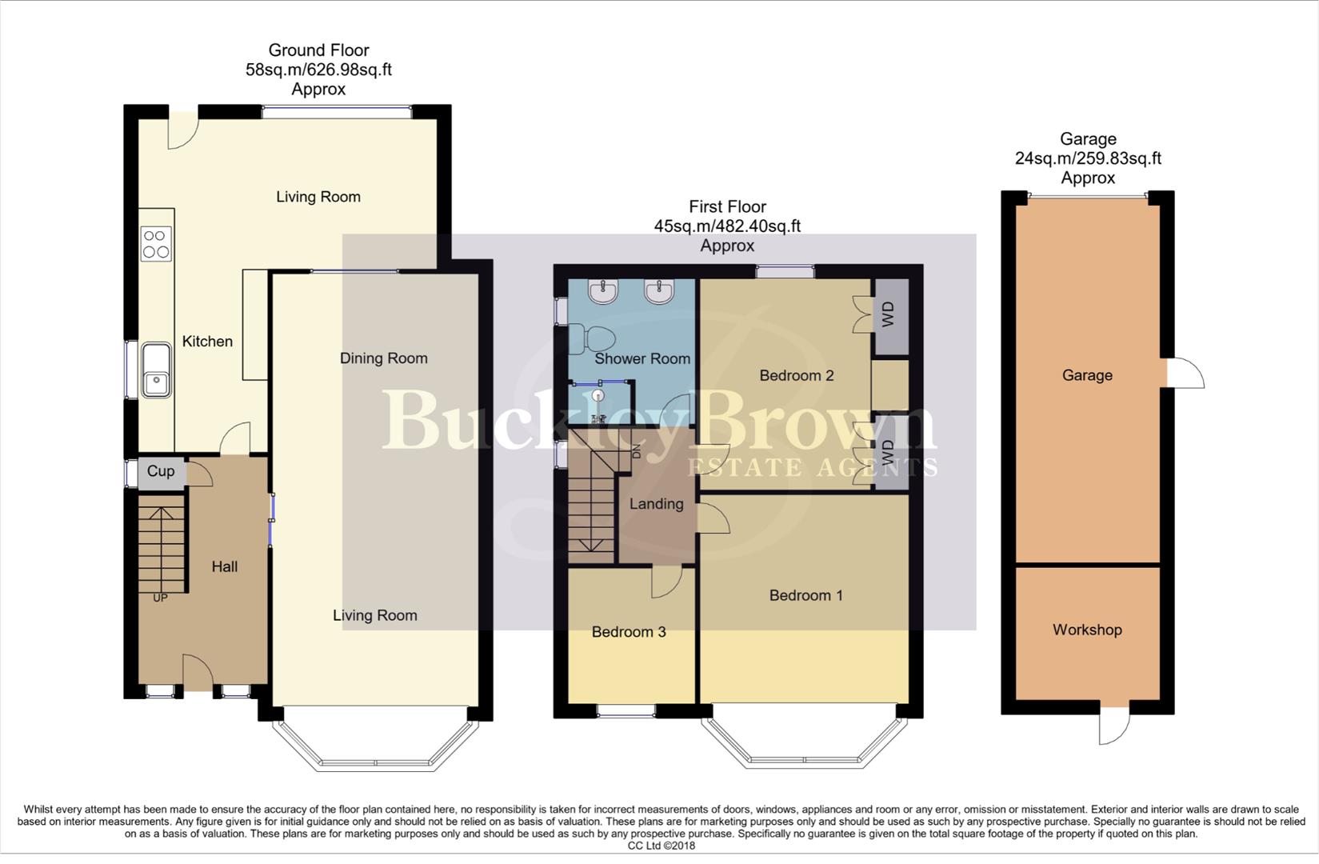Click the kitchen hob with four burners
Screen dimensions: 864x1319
(156, 244)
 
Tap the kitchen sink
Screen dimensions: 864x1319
(157, 370)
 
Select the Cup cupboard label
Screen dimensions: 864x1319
(161, 471)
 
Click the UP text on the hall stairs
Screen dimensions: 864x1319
(160, 598)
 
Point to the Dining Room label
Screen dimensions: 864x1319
(383, 358)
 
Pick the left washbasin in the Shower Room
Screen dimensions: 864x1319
(601, 292)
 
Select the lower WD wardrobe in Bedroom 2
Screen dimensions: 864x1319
(889, 454)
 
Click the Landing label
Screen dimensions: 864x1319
(656, 504)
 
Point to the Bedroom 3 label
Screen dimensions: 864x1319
(629, 632)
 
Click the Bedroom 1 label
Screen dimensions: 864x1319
(805, 595)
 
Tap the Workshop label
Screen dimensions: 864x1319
(1087, 630)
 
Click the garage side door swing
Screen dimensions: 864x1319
(1186, 374)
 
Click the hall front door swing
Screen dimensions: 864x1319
(198, 672)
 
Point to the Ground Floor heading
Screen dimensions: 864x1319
(318, 50)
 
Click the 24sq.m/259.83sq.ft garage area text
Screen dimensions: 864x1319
(1088, 158)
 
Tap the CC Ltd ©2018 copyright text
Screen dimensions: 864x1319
(661, 846)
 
